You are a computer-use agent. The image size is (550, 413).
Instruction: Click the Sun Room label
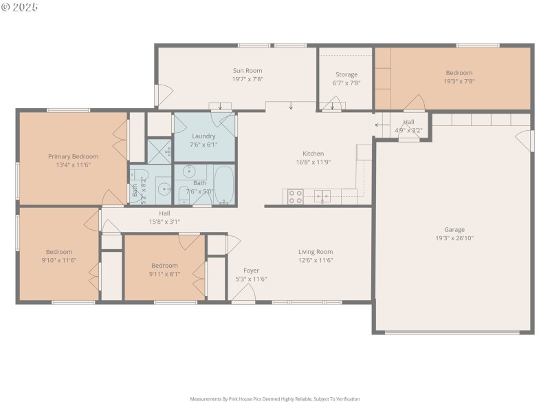247,70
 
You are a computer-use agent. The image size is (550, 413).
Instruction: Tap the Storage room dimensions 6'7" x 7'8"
346,83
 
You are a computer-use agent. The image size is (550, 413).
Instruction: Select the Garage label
454,229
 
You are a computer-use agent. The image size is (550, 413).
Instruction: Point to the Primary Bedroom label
73,156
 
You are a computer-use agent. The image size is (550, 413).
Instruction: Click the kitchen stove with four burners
295,197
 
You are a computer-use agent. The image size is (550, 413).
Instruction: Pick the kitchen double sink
322,196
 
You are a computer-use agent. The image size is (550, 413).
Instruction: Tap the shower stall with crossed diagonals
159,151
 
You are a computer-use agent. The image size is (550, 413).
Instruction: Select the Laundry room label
203,136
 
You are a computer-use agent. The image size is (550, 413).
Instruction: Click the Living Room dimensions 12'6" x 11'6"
316,260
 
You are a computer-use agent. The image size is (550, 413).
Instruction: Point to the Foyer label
251,271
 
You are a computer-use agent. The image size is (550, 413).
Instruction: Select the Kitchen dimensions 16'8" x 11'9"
313,162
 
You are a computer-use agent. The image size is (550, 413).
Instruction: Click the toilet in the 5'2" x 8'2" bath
139,175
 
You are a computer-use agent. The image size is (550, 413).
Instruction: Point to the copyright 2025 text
20,7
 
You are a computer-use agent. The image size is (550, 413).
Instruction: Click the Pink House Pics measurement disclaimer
274,399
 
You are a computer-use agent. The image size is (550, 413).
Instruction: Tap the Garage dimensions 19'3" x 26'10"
454,238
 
